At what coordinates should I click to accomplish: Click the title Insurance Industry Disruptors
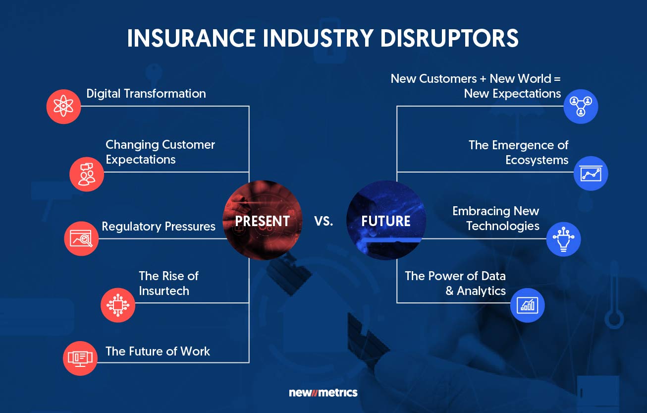point(323,39)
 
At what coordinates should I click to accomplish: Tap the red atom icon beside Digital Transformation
point(63,106)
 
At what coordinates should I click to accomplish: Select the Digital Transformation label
point(146,94)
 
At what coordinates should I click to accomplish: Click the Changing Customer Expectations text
point(160,152)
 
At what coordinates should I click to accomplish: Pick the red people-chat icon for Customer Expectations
point(87,174)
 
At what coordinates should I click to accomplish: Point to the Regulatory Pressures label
point(159,227)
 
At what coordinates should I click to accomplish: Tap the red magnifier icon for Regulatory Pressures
point(81,238)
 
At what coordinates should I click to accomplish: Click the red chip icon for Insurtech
point(118,305)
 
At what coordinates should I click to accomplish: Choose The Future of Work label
point(158,352)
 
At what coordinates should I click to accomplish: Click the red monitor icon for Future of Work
point(80,358)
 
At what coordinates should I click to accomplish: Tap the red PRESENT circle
point(263,221)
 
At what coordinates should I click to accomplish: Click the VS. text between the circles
point(323,221)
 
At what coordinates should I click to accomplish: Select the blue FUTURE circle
point(386,221)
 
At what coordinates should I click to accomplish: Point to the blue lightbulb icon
point(563,238)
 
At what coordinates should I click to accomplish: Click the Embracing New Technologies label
point(496,219)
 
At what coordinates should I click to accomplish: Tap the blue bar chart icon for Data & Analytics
point(527,305)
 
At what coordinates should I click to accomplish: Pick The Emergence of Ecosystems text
point(519,152)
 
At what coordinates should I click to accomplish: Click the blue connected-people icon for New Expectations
point(581,106)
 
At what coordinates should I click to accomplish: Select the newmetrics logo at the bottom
point(323,393)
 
